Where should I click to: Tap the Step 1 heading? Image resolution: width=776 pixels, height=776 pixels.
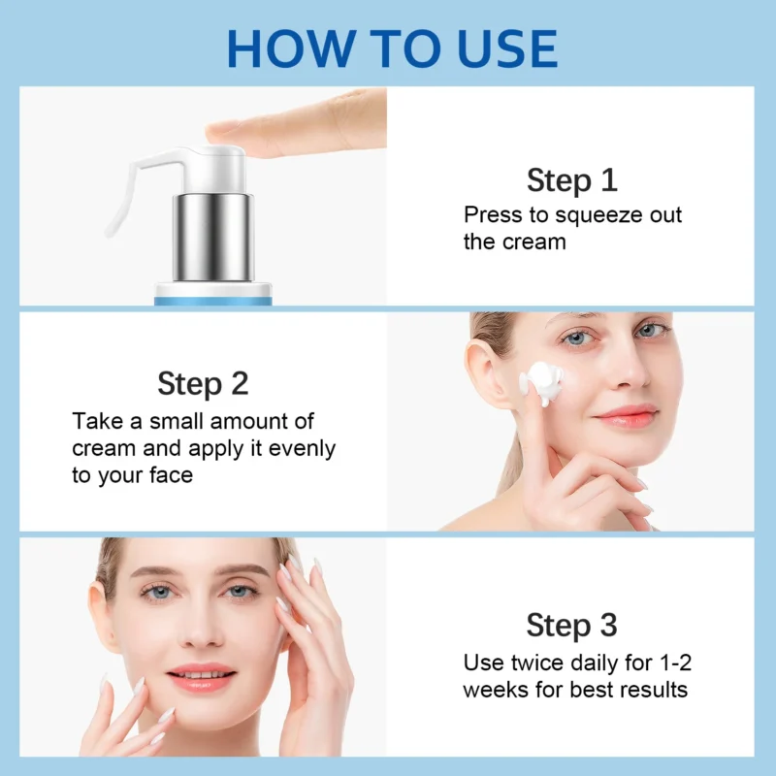coord(571,180)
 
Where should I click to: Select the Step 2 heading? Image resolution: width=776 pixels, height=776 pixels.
coord(203,383)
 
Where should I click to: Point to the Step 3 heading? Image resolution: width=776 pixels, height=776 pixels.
coord(571,626)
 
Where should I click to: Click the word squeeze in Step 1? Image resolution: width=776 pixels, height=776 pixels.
coord(586,215)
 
